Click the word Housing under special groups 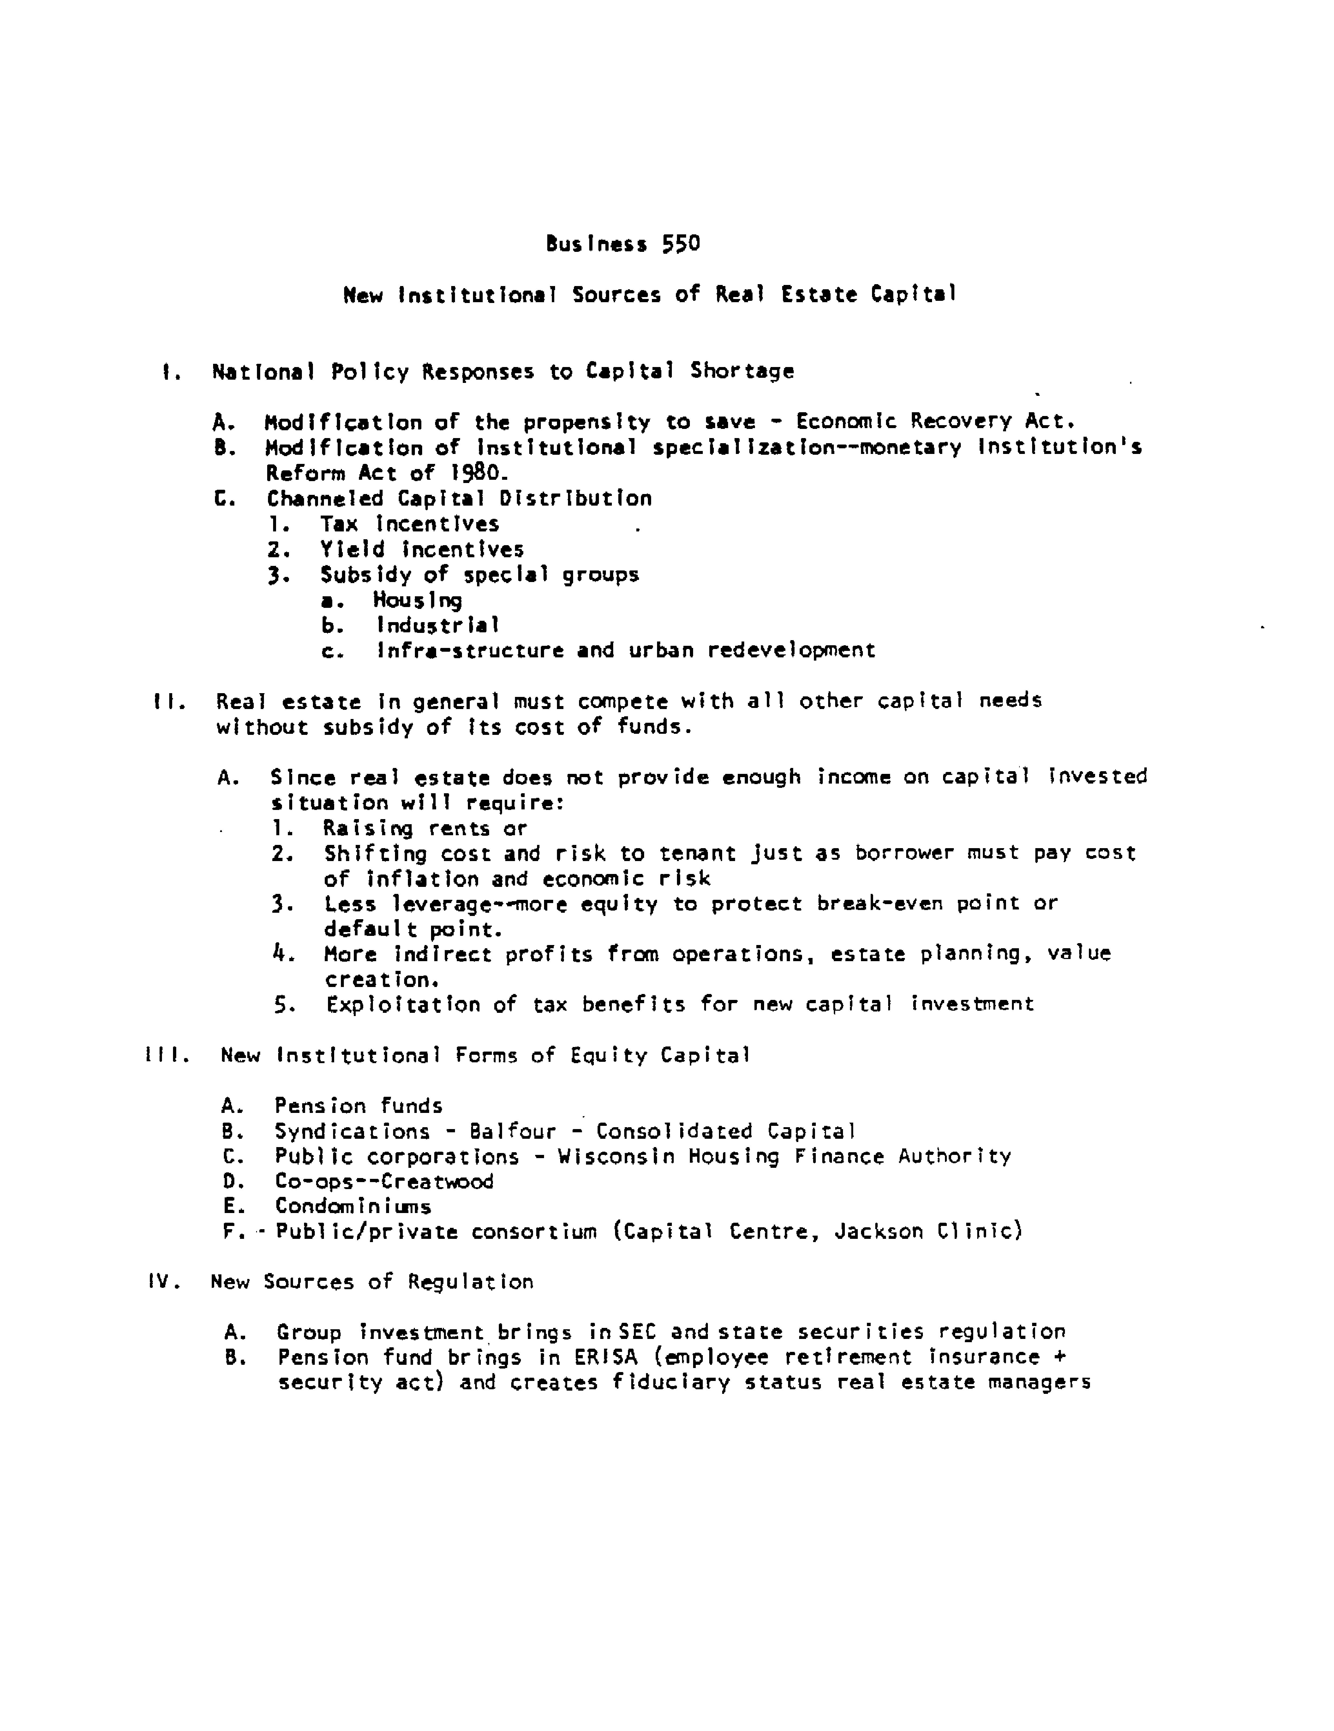(418, 600)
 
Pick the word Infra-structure (470, 651)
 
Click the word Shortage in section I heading (742, 371)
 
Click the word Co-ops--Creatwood (384, 1182)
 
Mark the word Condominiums (353, 1207)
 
